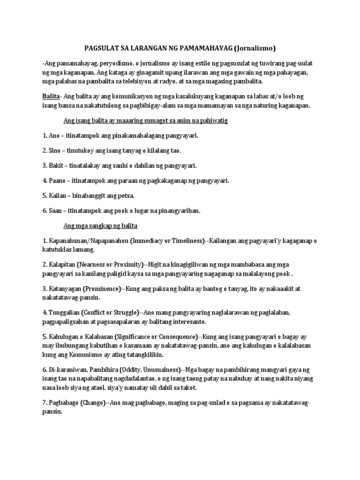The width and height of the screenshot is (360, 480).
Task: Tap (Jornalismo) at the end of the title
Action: coord(255,48)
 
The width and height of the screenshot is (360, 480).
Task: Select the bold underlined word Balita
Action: coord(51,96)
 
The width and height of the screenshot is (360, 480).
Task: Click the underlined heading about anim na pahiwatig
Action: coord(146,120)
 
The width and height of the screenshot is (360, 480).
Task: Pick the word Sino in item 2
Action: coord(55,150)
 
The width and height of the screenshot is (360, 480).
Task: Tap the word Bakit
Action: coord(56,165)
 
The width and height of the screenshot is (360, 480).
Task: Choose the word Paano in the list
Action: coord(58,180)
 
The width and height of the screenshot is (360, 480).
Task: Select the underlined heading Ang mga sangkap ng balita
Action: coord(100,225)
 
